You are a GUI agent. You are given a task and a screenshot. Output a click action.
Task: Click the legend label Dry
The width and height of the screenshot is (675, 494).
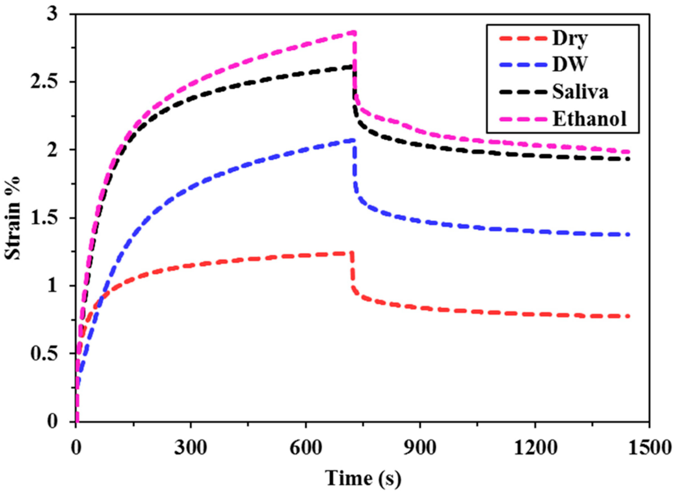click(x=570, y=39)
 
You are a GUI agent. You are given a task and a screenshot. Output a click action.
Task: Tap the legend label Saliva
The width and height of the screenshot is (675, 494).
click(x=580, y=91)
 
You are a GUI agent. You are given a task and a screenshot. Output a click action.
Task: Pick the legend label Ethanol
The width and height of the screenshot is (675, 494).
click(x=589, y=119)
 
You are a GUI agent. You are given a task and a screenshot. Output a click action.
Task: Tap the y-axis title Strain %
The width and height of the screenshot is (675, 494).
click(x=13, y=218)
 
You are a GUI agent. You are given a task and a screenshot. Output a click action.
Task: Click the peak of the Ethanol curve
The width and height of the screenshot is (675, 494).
click(x=354, y=32)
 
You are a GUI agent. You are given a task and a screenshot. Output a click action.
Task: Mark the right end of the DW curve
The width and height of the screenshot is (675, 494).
click(x=629, y=235)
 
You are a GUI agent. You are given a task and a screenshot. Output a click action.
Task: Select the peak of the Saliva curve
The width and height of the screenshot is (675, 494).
click(x=353, y=66)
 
